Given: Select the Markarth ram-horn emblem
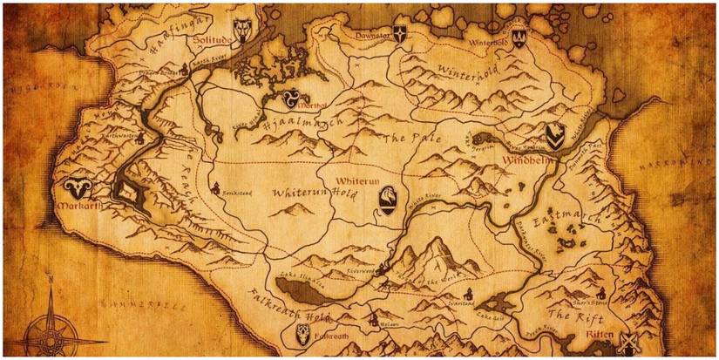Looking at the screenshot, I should coord(75,187).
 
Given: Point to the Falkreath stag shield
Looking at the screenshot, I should coord(302,333).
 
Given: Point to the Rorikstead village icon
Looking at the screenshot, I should coord(214,187).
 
